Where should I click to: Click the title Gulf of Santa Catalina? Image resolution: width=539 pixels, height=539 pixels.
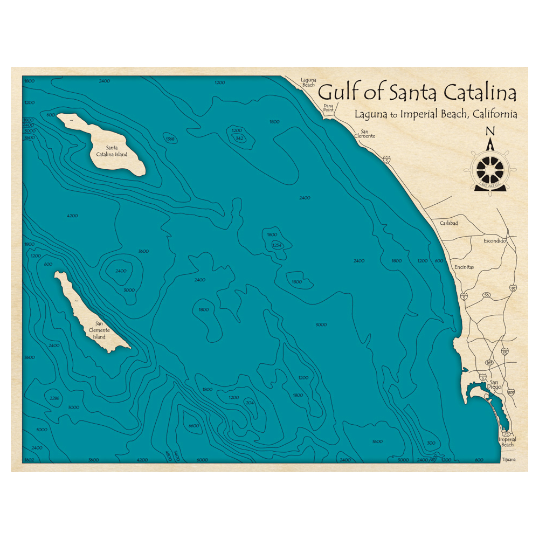(x=417, y=93)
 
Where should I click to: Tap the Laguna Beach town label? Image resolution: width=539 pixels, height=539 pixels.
(x=308, y=82)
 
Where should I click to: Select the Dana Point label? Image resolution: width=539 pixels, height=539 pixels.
(x=328, y=107)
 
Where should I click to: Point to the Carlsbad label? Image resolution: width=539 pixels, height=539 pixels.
(x=448, y=223)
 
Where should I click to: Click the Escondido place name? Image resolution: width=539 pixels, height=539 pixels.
(x=494, y=240)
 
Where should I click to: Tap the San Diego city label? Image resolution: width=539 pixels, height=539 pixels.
(x=494, y=384)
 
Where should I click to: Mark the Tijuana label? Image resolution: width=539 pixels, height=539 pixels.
(x=508, y=460)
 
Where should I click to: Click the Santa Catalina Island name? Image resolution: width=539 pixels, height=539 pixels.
(x=112, y=151)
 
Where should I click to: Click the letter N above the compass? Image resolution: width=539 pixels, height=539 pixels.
(x=490, y=131)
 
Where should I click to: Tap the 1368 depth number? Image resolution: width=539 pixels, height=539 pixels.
(x=170, y=140)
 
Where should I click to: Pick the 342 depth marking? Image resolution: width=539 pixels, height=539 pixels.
(x=240, y=139)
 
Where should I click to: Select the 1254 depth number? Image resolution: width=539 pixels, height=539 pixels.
(x=277, y=246)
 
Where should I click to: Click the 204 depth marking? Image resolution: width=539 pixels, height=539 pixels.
(x=249, y=403)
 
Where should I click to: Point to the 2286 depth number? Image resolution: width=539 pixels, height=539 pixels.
(x=53, y=398)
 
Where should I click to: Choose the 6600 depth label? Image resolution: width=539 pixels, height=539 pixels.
(x=194, y=426)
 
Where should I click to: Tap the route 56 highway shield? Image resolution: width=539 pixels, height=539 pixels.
(x=487, y=295)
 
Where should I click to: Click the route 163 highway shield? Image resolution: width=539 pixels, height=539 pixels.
(x=489, y=363)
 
